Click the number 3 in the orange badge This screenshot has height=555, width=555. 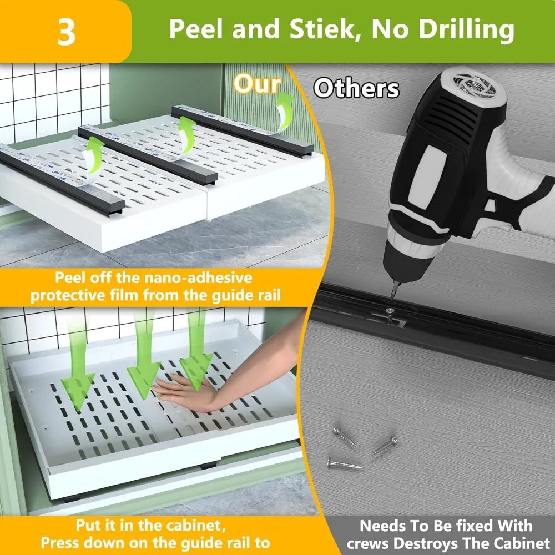(66, 32)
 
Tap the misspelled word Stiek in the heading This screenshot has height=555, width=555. (322, 28)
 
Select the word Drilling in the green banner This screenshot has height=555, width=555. (466, 31)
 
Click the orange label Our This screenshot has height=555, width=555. (258, 84)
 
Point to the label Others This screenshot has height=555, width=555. (356, 88)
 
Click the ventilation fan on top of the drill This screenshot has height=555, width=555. (475, 85)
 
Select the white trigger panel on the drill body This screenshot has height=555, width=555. (423, 177)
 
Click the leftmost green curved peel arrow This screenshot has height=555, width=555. (93, 156)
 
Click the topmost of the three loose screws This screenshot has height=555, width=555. (345, 436)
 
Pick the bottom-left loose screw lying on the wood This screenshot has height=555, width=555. (344, 463)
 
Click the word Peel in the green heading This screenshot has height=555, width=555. (198, 28)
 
